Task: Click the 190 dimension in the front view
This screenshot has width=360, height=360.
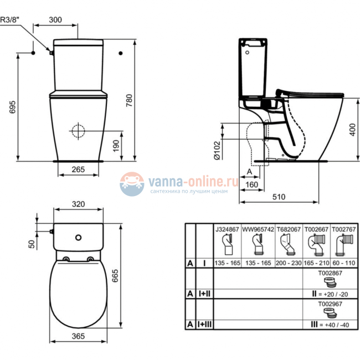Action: coord(116,146)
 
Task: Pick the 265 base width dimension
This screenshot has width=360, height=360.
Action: coord(78,170)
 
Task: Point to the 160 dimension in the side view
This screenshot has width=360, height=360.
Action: coord(252,184)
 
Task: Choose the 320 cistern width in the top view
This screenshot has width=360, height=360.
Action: coord(78,204)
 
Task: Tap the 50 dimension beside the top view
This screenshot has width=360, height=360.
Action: coord(32,243)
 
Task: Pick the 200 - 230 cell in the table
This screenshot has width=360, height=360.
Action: coord(287,263)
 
